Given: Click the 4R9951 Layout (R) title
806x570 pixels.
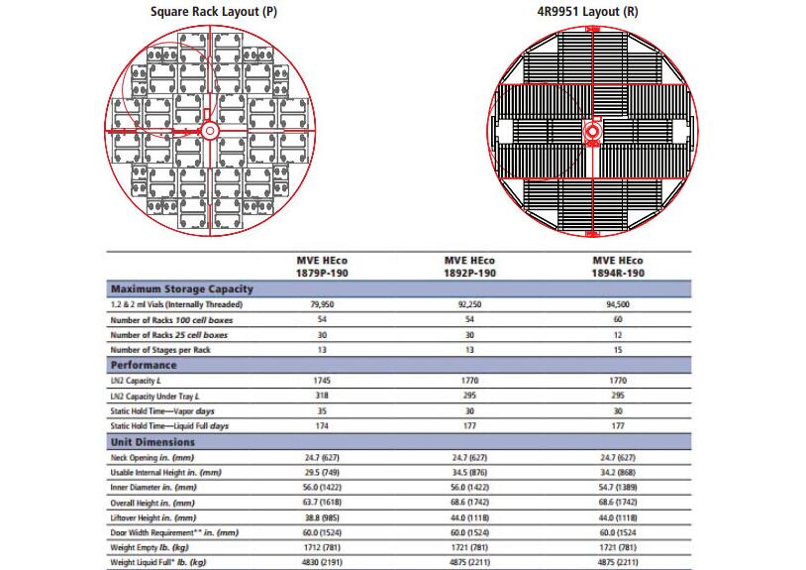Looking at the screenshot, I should point(594,12).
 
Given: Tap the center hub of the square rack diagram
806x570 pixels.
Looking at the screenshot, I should point(209,130).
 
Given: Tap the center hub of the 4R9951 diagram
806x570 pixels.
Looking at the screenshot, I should point(594,130).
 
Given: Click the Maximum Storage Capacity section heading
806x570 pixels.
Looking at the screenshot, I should point(182,288).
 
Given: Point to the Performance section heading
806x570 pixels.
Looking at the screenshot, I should point(144,365).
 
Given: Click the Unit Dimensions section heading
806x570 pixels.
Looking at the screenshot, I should point(152,442).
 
